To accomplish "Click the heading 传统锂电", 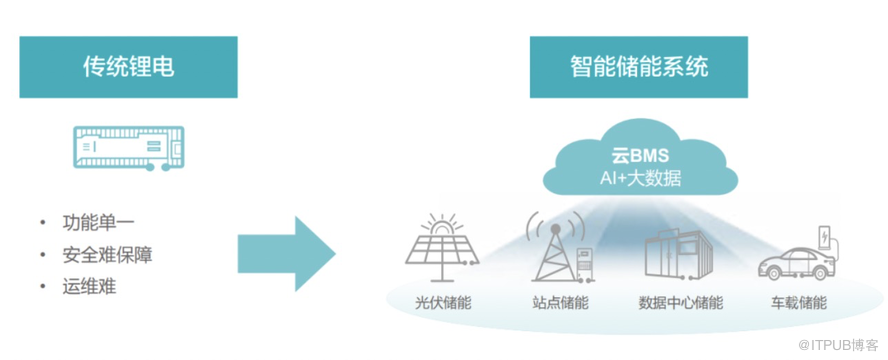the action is [129, 67].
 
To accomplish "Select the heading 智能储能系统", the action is [639, 67].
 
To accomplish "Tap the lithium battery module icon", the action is [129, 148].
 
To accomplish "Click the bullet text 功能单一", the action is [98, 222].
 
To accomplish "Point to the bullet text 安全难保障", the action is [107, 255].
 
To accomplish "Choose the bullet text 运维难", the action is [89, 286].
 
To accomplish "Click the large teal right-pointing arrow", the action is [287, 254].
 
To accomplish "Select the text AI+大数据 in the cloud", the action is [641, 179].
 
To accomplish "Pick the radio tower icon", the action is [556, 248].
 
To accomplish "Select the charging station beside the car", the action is [826, 242].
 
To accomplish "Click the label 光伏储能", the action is [442, 303].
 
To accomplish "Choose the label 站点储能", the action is [556, 303].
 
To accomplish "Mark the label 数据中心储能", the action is [680, 303].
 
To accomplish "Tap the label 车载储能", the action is [799, 303].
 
